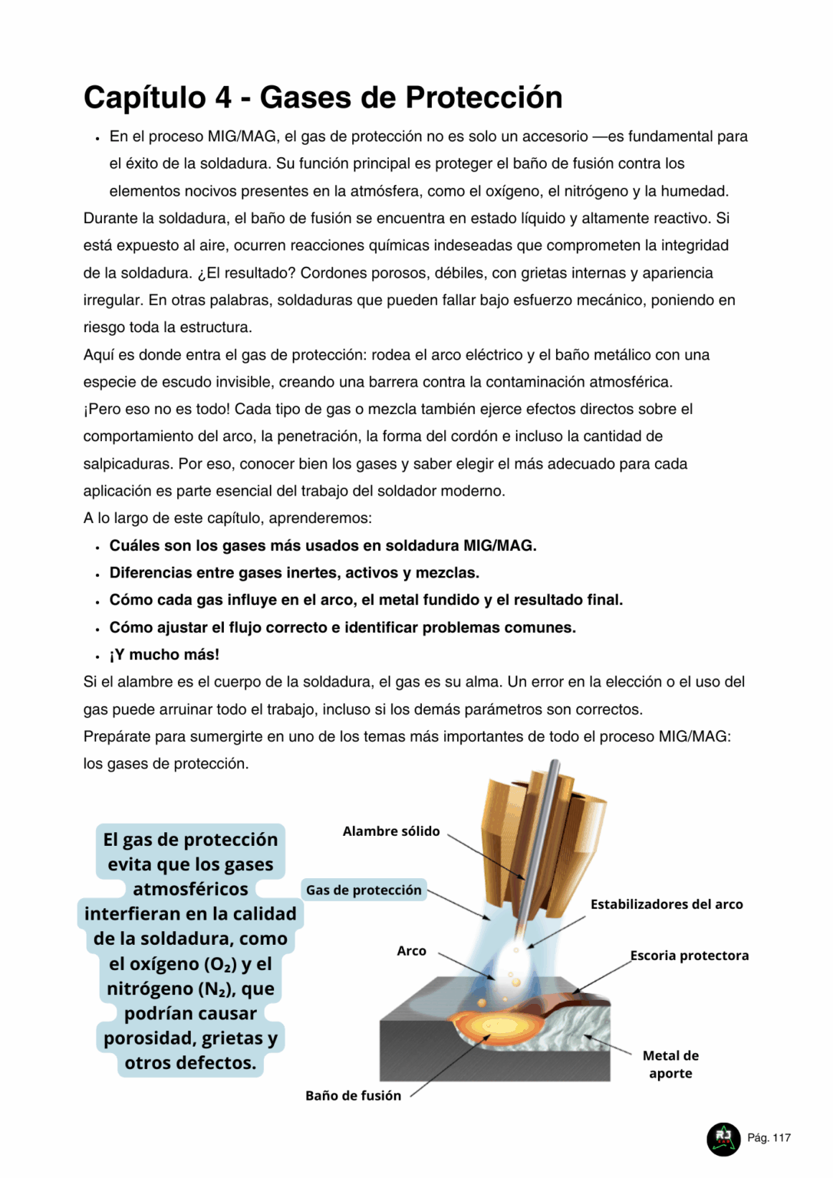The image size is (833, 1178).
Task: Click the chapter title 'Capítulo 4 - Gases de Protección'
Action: point(323,97)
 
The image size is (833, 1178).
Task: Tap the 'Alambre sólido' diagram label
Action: point(391,831)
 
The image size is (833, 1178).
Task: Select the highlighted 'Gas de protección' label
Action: point(364,890)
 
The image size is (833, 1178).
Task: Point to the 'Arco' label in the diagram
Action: point(411,951)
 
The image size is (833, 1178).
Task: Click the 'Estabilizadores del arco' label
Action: point(667,904)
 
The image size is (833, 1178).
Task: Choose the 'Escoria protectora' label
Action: point(690,956)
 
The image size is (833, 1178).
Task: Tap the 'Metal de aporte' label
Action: point(670,1064)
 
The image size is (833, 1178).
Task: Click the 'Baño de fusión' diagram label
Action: point(353,1096)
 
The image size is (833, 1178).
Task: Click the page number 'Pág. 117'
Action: point(769,1137)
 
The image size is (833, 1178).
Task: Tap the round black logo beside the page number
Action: point(723,1138)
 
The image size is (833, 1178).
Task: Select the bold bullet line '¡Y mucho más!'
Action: point(164,655)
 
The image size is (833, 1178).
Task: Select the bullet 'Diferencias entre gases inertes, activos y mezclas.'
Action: point(295,573)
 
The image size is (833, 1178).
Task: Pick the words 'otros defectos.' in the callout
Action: point(190,1063)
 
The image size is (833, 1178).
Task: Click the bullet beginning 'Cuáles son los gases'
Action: point(323,545)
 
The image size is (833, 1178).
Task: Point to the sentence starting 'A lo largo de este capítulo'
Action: point(227,518)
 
